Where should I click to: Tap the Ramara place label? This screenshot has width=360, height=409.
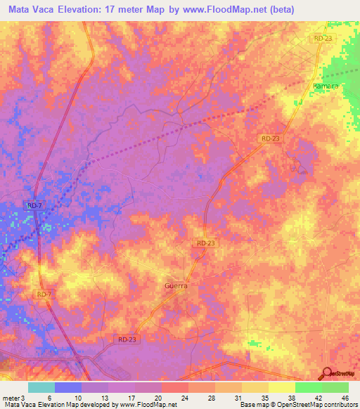tap(325, 85)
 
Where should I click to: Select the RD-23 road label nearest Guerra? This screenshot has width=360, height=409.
tap(205, 242)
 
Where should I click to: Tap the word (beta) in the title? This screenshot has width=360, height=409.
tap(280, 10)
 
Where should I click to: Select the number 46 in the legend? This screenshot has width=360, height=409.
tap(345, 398)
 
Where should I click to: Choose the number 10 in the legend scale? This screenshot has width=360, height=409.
tap(77, 398)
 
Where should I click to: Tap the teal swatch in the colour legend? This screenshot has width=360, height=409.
tap(41, 387)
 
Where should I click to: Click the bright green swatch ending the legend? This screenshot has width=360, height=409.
tap(335, 387)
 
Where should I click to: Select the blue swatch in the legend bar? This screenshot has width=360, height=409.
tap(68, 387)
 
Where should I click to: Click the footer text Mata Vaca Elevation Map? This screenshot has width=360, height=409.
tap(42, 405)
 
